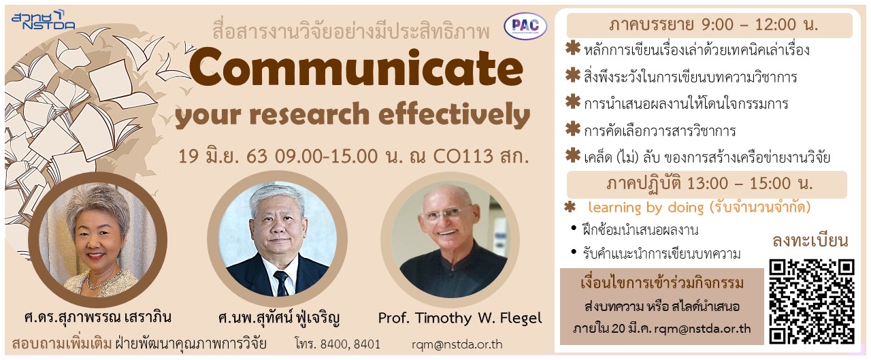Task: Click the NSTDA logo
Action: point(43,20)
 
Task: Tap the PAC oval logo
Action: point(525,26)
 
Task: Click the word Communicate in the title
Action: point(356,68)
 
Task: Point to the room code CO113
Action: point(463,157)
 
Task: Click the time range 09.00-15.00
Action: point(326,157)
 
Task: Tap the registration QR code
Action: point(812,301)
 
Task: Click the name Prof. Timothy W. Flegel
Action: point(460,318)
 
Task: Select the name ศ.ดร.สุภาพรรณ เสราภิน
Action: point(97,317)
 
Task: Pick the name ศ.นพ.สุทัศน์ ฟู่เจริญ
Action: point(279,318)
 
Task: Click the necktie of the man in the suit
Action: point(282,283)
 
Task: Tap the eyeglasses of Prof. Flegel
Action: point(446,213)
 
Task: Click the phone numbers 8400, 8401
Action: point(350,344)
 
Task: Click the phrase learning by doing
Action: point(646,208)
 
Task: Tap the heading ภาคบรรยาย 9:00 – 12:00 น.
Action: point(713,25)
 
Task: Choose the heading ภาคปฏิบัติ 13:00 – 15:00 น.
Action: point(709,184)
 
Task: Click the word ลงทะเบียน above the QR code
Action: point(810,241)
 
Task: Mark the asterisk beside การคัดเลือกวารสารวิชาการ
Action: point(573,129)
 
